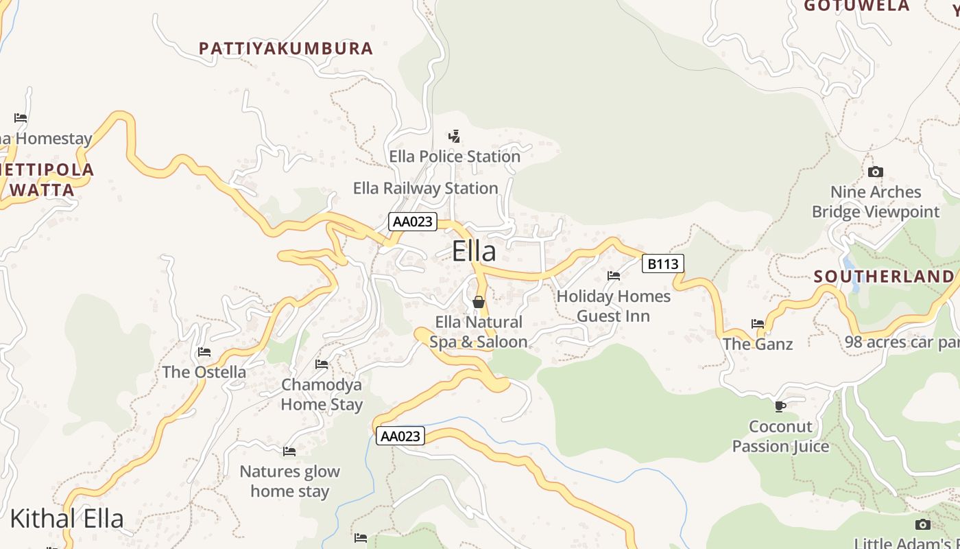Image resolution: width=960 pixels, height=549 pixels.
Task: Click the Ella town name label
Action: pyautogui.click(x=474, y=251)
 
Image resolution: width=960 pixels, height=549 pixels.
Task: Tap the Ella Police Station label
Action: pyautogui.click(x=455, y=156)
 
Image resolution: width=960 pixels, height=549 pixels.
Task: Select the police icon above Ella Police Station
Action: pyautogui.click(x=454, y=137)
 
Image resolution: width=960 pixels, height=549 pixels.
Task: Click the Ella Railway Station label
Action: pyautogui.click(x=425, y=188)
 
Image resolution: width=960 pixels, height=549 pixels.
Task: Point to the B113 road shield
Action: pyautogui.click(x=663, y=264)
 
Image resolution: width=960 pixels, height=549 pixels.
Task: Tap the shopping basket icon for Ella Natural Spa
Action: pyautogui.click(x=479, y=301)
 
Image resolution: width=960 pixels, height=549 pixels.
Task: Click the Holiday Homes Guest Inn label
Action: pyautogui.click(x=613, y=306)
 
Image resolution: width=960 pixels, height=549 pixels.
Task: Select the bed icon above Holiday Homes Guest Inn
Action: pyautogui.click(x=614, y=276)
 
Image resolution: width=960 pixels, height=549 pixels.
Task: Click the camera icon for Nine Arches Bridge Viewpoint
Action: pyautogui.click(x=876, y=172)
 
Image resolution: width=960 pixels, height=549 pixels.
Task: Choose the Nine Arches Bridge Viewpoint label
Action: pyautogui.click(x=876, y=202)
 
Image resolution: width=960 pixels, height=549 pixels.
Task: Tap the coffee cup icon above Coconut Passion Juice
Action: pyautogui.click(x=780, y=406)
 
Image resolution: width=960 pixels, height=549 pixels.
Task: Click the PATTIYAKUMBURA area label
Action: pyautogui.click(x=286, y=49)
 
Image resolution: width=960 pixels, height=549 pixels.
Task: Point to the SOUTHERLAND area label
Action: pyautogui.click(x=883, y=277)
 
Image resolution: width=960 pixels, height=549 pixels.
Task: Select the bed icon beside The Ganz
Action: pyautogui.click(x=758, y=324)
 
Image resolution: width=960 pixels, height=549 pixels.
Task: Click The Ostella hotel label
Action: pyautogui.click(x=204, y=372)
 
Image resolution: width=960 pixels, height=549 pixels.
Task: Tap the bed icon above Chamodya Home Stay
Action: pyautogui.click(x=322, y=364)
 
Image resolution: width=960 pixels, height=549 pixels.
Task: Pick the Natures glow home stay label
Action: pyautogui.click(x=289, y=481)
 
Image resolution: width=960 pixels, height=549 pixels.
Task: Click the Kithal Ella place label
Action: pyautogui.click(x=67, y=518)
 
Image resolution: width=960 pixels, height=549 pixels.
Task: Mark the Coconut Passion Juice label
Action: pyautogui.click(x=780, y=436)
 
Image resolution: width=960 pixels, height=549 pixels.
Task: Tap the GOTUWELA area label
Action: pyautogui.click(x=856, y=6)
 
